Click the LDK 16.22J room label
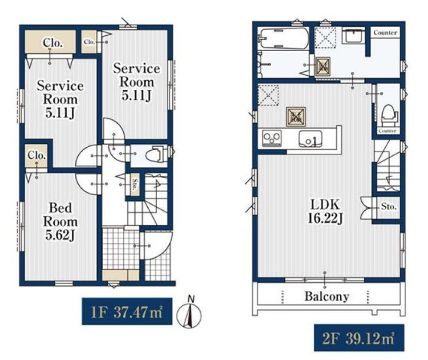point(325,211)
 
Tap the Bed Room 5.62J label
point(60,221)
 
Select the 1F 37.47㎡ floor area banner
point(127,311)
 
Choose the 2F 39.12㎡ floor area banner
point(359,338)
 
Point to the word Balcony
point(327,296)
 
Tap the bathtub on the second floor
point(284,38)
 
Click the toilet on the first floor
point(155,154)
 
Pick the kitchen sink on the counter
point(310,139)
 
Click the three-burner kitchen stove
point(272,138)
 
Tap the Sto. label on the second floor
point(389,206)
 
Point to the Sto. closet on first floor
point(135,184)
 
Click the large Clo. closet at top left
point(50,42)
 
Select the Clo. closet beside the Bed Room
point(36,156)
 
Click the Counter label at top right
point(385,32)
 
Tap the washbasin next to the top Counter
point(353,35)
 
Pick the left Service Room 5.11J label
point(60,99)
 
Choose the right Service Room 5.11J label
point(137,82)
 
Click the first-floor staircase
point(148,199)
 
